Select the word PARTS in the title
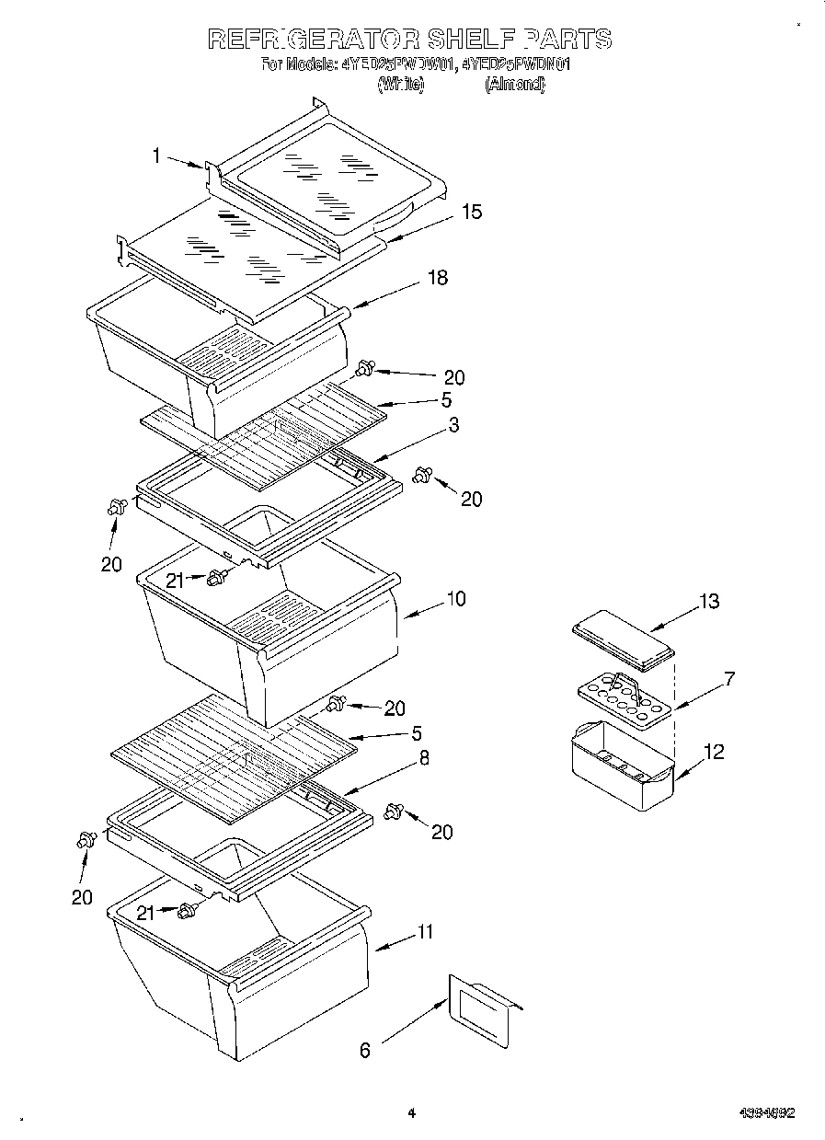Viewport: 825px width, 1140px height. [567, 39]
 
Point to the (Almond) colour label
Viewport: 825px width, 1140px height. [515, 85]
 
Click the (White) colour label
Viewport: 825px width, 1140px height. [401, 85]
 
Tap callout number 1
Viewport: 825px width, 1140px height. [157, 156]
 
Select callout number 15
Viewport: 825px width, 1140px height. [471, 212]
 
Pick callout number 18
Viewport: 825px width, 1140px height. [438, 277]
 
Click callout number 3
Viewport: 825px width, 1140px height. [453, 425]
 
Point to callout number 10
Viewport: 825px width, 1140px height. [455, 599]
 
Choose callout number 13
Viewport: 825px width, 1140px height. [709, 602]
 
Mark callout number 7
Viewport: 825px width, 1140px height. [729, 679]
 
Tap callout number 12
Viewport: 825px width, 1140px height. [713, 752]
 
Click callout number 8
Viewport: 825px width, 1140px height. [424, 758]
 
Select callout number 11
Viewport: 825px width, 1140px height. [424, 931]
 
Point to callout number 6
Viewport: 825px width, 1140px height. [365, 1050]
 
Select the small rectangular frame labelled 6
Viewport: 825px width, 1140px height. [481, 1012]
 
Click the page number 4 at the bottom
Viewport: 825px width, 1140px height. [411, 1113]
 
